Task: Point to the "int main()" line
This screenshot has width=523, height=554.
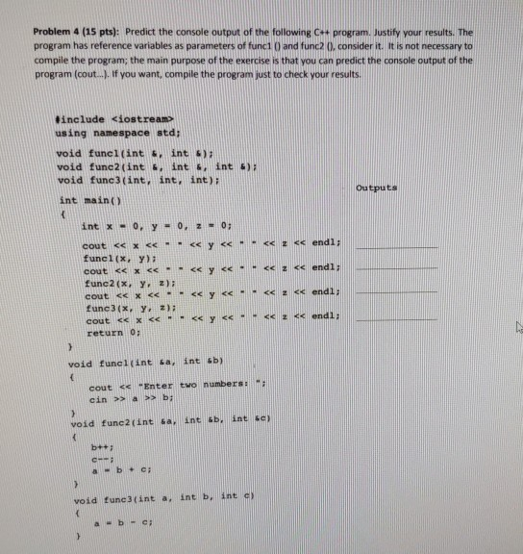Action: (x=84, y=200)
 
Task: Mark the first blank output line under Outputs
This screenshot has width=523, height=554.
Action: (x=395, y=247)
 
